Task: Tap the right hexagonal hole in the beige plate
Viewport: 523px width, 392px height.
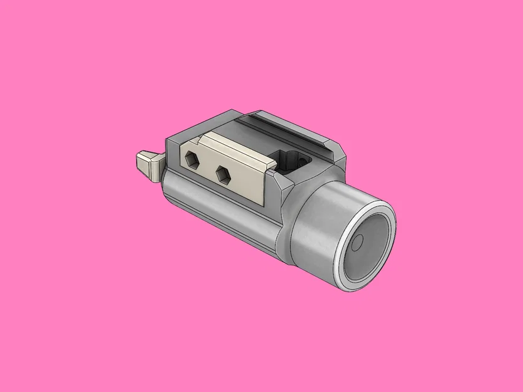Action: tap(223, 175)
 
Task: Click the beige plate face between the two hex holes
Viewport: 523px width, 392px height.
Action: tap(208, 167)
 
